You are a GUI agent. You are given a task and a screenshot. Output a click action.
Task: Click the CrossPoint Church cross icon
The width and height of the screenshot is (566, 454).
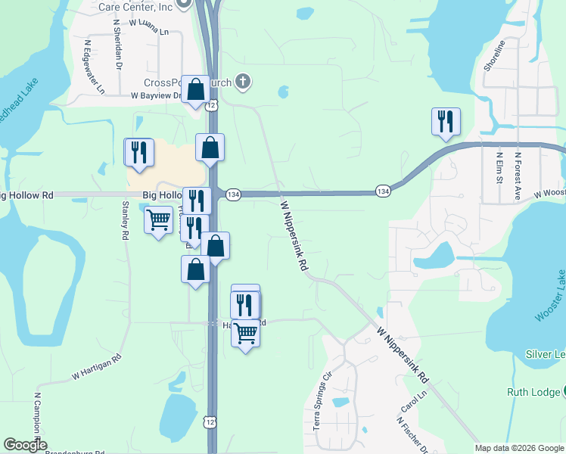click(x=243, y=81)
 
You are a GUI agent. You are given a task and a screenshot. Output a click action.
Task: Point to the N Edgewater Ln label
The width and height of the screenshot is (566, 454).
click(x=94, y=67)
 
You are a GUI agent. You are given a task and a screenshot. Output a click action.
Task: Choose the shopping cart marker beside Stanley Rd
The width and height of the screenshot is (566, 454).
click(x=158, y=222)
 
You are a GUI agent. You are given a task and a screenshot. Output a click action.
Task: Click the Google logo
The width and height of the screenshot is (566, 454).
click(x=25, y=445)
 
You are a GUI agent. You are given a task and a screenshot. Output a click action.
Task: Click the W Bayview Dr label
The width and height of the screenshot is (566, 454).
click(x=156, y=96)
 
